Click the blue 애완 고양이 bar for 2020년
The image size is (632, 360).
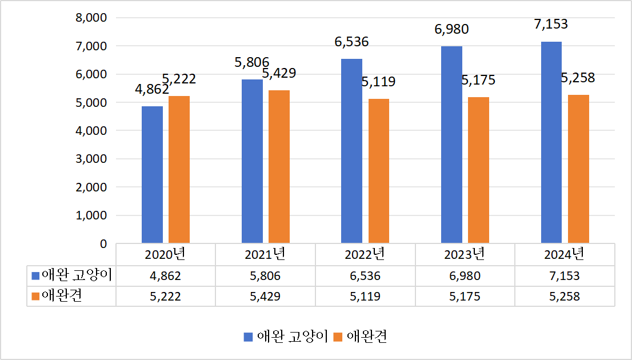(152, 175)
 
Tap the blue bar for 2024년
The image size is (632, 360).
(551, 143)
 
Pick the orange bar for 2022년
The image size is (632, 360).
(379, 171)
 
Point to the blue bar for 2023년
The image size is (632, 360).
(451, 145)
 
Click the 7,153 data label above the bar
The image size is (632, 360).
(551, 25)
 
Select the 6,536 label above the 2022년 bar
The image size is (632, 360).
(351, 42)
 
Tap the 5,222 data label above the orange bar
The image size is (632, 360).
(179, 79)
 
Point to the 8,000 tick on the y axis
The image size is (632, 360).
(91, 18)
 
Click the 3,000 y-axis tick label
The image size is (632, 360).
(91, 159)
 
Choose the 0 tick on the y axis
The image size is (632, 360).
(103, 243)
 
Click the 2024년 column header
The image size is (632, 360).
(565, 254)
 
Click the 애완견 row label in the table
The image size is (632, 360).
(63, 296)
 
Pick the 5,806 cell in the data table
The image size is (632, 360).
(265, 276)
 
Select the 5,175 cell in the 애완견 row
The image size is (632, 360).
(465, 297)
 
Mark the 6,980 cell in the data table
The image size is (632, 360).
(465, 276)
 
